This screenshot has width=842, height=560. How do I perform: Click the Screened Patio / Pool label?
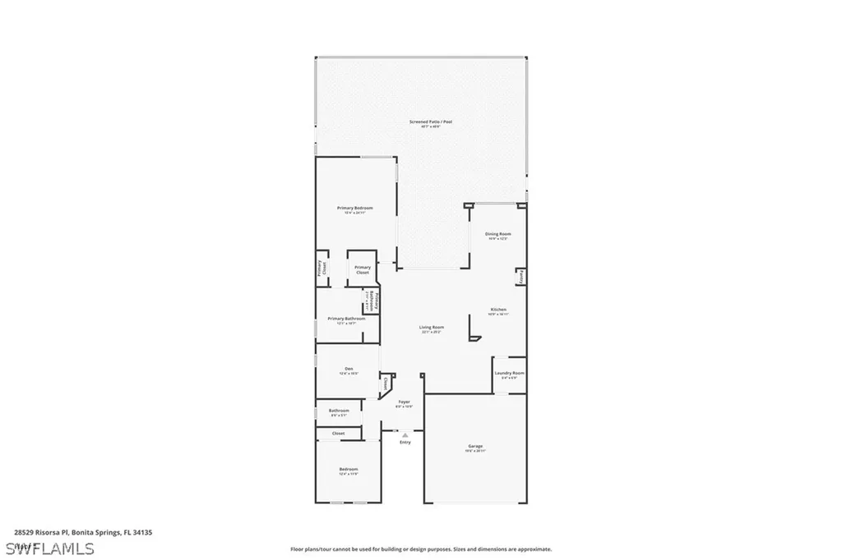tap(431, 122)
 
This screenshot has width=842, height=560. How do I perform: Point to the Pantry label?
tap(520, 279)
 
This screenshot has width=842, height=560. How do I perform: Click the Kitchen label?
tap(498, 310)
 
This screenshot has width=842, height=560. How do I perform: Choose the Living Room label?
tap(432, 327)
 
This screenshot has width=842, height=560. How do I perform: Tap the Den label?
tap(349, 369)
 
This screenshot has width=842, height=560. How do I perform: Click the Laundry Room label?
tap(510, 373)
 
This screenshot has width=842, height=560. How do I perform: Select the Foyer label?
tap(404, 402)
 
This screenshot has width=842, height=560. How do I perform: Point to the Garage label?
tap(475, 446)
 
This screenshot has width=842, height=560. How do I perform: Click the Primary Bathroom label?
tap(346, 319)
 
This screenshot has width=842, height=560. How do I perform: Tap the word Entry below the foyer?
tap(405, 443)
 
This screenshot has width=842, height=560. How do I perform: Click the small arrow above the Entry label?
tap(405, 435)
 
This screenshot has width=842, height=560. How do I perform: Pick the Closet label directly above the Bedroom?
tap(338, 433)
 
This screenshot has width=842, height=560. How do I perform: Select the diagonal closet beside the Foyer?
tap(385, 383)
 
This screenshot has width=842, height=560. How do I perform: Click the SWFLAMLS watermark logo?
tap(49, 548)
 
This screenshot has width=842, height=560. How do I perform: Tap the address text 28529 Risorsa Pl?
tap(41, 532)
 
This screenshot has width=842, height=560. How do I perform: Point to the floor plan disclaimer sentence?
tap(420, 549)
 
